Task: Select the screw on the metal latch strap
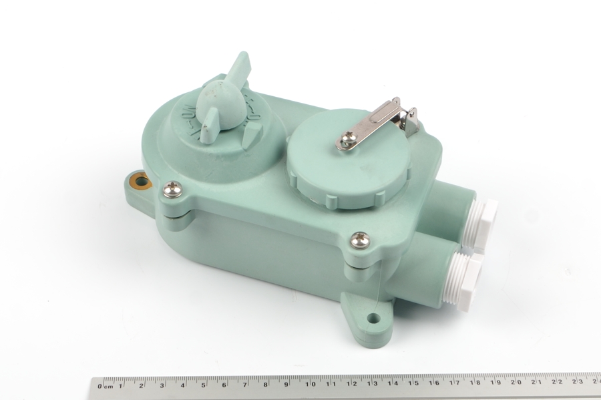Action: [347, 140]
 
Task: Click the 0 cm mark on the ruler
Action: [101, 385]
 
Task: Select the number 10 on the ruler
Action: [310, 384]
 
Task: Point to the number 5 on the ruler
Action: [204, 384]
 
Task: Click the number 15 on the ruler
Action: [414, 384]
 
